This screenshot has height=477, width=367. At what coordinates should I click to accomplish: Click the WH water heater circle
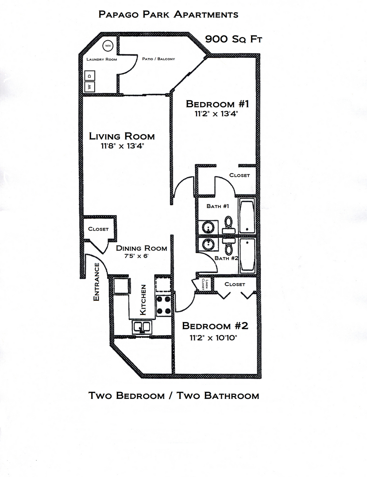click(x=108, y=45)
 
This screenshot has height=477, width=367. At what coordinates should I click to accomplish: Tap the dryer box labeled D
click(x=89, y=76)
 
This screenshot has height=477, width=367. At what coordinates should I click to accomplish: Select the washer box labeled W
click(x=89, y=87)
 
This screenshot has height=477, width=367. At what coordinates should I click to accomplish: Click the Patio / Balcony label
click(x=158, y=59)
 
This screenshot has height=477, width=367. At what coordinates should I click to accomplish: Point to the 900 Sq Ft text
click(x=234, y=39)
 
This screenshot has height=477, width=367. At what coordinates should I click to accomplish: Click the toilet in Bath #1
click(x=228, y=224)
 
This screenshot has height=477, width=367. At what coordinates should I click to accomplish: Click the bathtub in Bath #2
click(x=247, y=256)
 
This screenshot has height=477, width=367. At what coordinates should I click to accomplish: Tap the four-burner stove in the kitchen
click(x=163, y=305)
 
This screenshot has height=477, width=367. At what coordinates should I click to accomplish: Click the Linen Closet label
click(x=204, y=284)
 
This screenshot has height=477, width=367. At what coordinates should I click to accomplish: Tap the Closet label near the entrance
click(x=98, y=229)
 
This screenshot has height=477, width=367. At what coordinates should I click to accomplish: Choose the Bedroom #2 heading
click(x=215, y=326)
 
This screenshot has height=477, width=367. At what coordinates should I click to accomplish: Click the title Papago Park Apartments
click(x=168, y=15)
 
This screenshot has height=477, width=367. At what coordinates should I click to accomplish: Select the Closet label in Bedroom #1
click(x=240, y=175)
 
